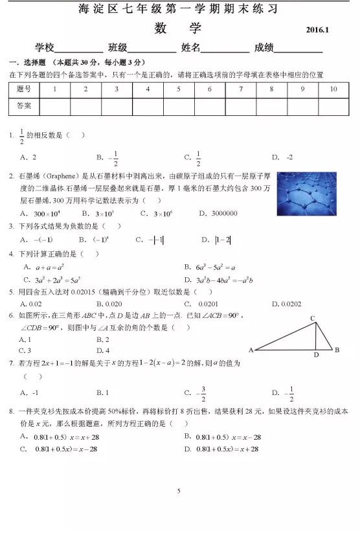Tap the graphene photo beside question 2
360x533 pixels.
pos(309,193)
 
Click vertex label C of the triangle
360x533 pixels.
pos(312,318)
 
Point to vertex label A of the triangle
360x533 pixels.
pos(251,350)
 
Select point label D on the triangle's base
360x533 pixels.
pos(316,355)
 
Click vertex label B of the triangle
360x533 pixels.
pos(337,350)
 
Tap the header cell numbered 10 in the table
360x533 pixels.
pos(333,89)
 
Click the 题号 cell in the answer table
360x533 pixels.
pos(24,89)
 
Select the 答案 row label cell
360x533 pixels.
pos(24,105)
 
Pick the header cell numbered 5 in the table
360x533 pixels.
pos(179,89)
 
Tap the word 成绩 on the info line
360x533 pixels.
pos(264,48)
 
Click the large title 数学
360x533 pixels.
pos(178,29)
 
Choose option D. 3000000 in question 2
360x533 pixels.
pos(218,213)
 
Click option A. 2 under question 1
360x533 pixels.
pos(28,157)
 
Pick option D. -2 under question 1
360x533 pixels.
pos(282,157)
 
